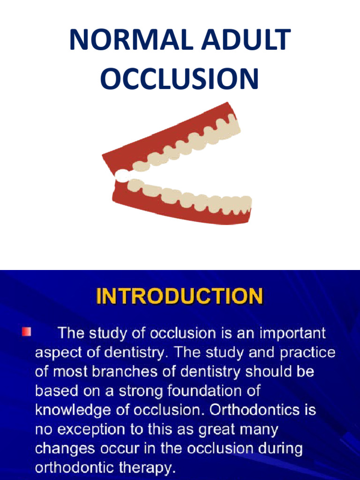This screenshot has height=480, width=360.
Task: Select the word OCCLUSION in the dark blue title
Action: point(180,78)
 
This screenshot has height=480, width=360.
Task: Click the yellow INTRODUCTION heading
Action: point(180,297)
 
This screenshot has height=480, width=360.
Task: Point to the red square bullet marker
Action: point(26,332)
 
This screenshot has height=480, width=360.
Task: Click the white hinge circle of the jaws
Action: point(121,175)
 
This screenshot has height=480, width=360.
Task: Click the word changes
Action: point(61,449)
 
